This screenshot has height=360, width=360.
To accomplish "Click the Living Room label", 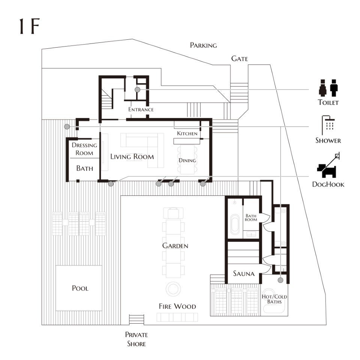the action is click(x=132, y=157).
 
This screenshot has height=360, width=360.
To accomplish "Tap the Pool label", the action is click(x=80, y=288).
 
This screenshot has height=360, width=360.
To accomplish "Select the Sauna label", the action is click(x=244, y=273).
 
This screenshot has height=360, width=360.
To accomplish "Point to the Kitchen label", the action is click(x=187, y=133).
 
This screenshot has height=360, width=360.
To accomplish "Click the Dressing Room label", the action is click(x=84, y=149).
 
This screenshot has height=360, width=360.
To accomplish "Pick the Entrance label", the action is click(x=141, y=109).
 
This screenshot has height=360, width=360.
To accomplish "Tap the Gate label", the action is click(x=240, y=58).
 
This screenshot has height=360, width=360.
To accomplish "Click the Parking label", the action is click(x=203, y=45).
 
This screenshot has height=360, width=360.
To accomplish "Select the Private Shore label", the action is click(x=136, y=339).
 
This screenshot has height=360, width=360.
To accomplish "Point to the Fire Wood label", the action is click(x=177, y=306).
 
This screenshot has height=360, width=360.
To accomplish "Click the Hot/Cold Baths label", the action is click(x=274, y=299).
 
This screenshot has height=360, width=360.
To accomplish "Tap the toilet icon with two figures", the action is click(x=328, y=88).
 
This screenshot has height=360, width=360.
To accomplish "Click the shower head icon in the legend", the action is click(x=328, y=125).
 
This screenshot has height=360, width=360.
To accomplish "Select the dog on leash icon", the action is click(x=328, y=165).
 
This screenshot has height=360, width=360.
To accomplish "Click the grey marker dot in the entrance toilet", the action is click(x=137, y=90).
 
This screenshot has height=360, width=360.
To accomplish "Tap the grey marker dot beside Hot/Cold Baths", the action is click(x=280, y=280).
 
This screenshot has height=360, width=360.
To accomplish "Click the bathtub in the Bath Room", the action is click(x=235, y=224).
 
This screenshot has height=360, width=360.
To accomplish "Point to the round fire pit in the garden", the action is click(x=173, y=289).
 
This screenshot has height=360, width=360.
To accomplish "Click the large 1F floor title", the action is click(x=30, y=26).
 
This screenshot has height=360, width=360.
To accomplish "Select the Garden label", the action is click(x=175, y=246).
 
